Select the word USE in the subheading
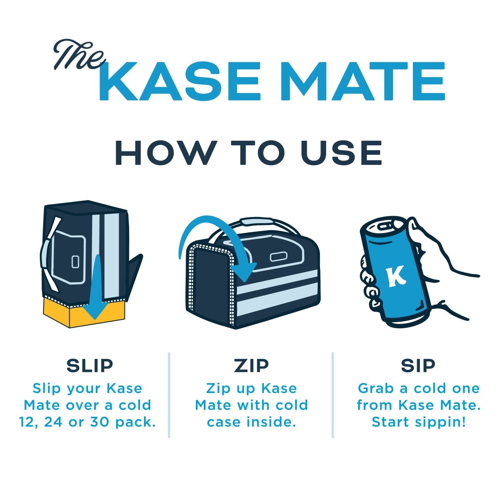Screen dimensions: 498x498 (342, 153)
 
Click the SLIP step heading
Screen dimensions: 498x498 (90, 366)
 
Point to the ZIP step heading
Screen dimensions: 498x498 (251, 366)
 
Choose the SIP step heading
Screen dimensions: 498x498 (418, 366)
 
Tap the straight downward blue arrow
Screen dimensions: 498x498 (96, 290)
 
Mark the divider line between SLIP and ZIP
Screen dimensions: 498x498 (169, 394)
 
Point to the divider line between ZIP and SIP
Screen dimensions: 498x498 (333, 394)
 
